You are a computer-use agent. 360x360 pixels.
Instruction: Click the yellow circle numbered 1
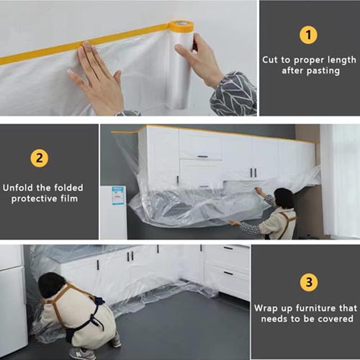pos(308,35)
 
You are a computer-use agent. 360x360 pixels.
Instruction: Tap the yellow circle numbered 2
pos(40,158)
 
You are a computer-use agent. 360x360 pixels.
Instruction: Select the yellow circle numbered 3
pos(309,282)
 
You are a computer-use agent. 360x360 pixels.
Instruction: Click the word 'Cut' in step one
pos(271,60)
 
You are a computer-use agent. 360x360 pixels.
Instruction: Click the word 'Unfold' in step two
pos(19,187)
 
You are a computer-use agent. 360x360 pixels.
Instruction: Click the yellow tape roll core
pos(181,26)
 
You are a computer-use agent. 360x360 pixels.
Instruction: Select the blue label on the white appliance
pos(119,196)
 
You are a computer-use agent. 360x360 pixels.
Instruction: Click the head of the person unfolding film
pos(284,199)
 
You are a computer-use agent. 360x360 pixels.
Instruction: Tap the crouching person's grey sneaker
pos(82,354)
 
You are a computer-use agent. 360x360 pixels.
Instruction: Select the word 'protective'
pos(34,199)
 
